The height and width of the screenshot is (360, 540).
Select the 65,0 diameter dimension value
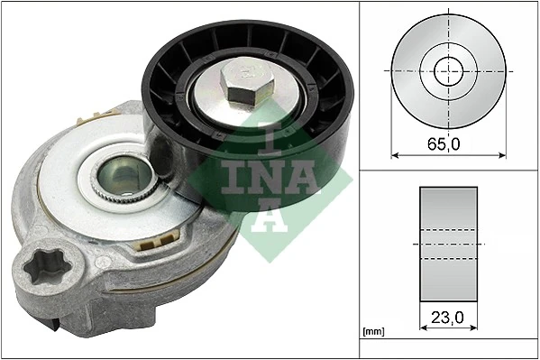443,142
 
